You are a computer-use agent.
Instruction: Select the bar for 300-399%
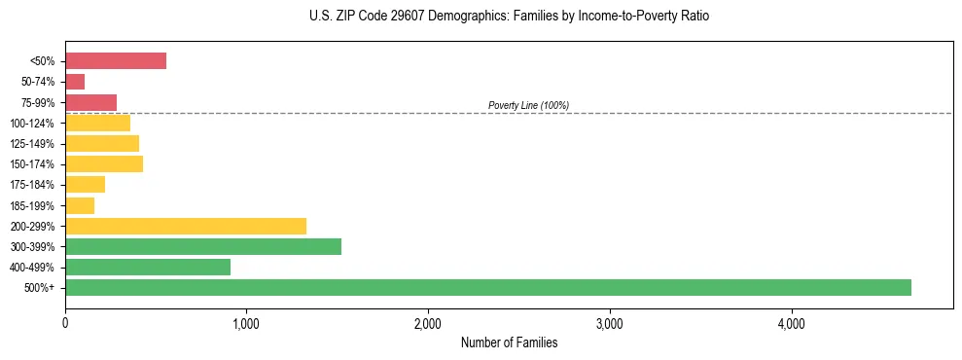[x=203, y=246]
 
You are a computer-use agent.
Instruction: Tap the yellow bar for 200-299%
[x=186, y=226]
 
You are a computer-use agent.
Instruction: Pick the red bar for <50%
[x=116, y=61]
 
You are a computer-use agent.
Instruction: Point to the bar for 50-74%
[x=75, y=82]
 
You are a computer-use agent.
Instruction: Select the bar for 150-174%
[x=104, y=163]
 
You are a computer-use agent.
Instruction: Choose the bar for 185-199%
[x=80, y=205]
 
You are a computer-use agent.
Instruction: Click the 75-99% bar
[x=91, y=102]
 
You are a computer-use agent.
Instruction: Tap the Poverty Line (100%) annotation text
[x=528, y=105]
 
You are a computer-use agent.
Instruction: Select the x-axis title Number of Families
[x=509, y=342]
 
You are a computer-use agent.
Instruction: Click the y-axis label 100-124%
[x=33, y=124]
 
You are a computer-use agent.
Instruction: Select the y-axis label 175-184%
[x=33, y=185]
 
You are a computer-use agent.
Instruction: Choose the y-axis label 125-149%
[x=33, y=144]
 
